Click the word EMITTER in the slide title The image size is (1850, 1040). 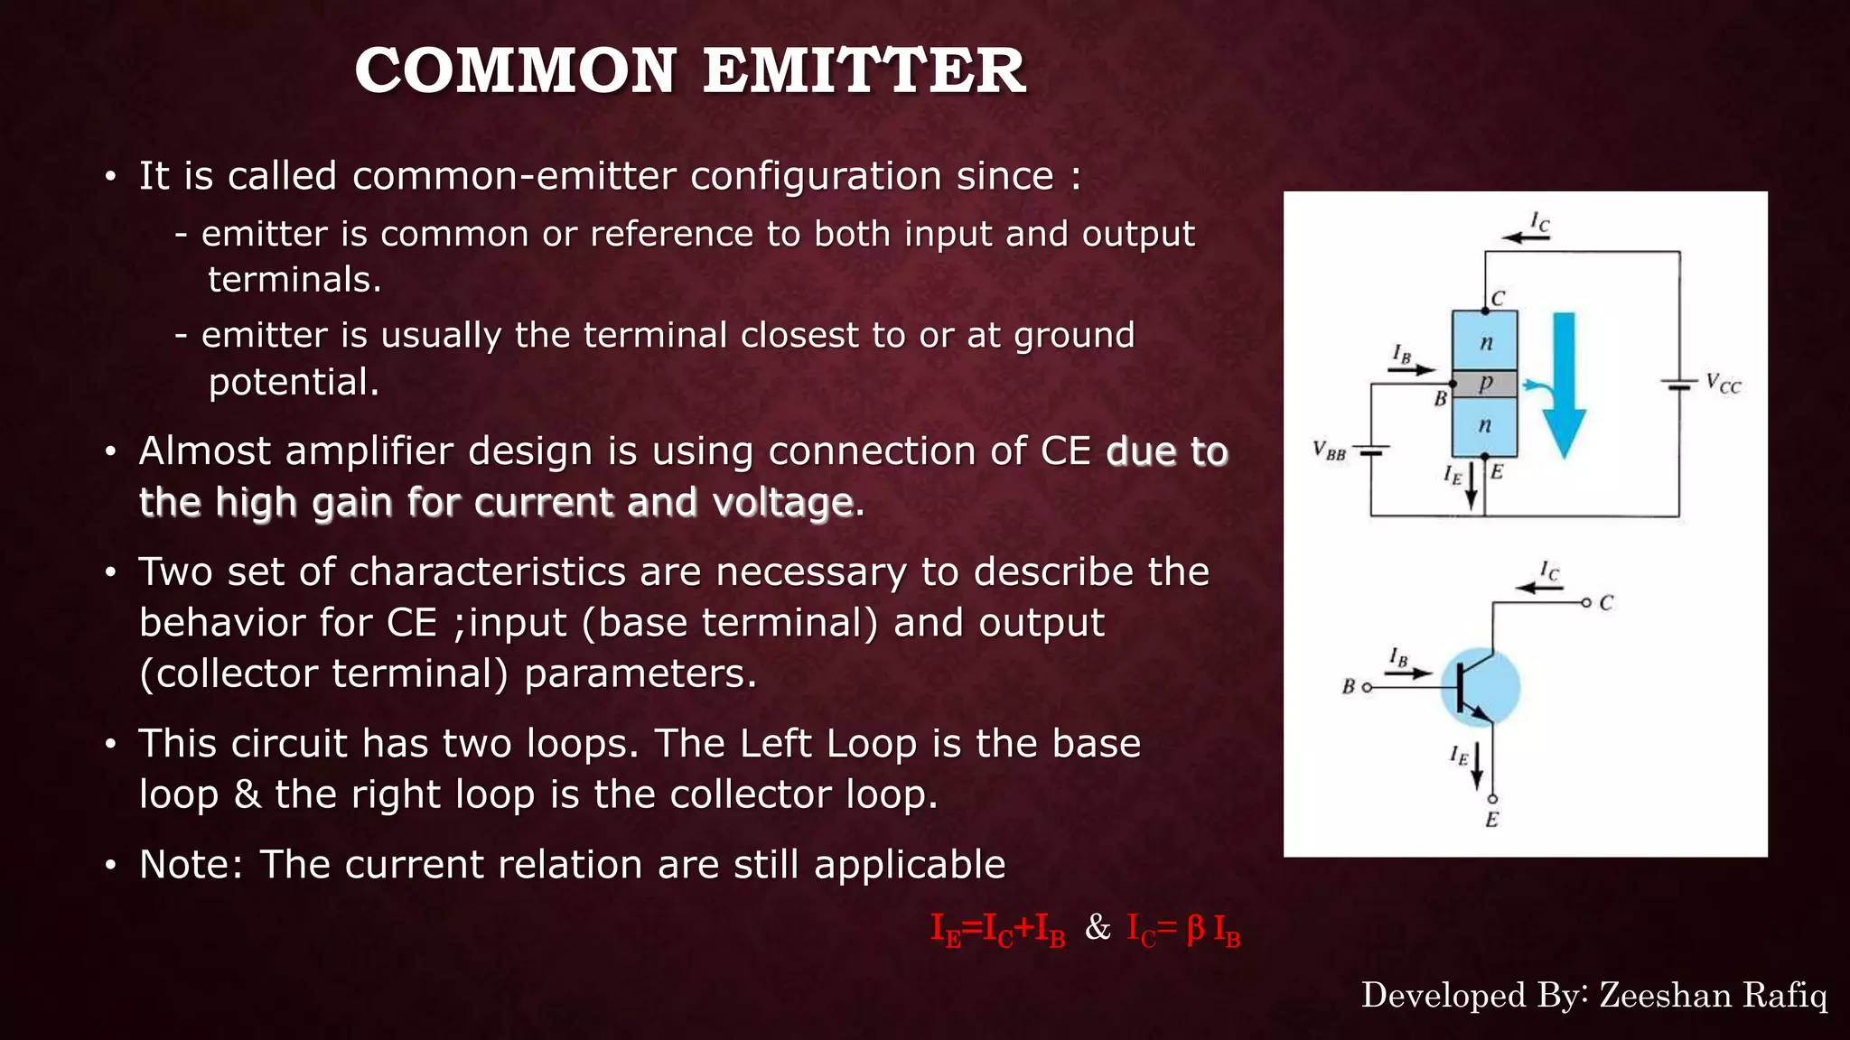point(864,71)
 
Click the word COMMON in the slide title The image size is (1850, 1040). point(516,71)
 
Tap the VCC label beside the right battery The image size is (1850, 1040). point(1724,384)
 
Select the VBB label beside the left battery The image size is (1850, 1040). point(1329,450)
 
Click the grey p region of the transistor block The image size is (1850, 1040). point(1484,384)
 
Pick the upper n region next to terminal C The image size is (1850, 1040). point(1484,341)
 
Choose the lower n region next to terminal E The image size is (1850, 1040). point(1484,425)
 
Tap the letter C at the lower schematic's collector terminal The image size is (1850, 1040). point(1605,603)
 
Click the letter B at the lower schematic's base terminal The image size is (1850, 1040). point(1348,687)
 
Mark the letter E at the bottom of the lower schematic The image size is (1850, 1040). point(1491,820)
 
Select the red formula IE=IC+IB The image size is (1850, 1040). point(997,929)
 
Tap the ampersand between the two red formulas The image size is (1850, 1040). point(1098,927)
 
